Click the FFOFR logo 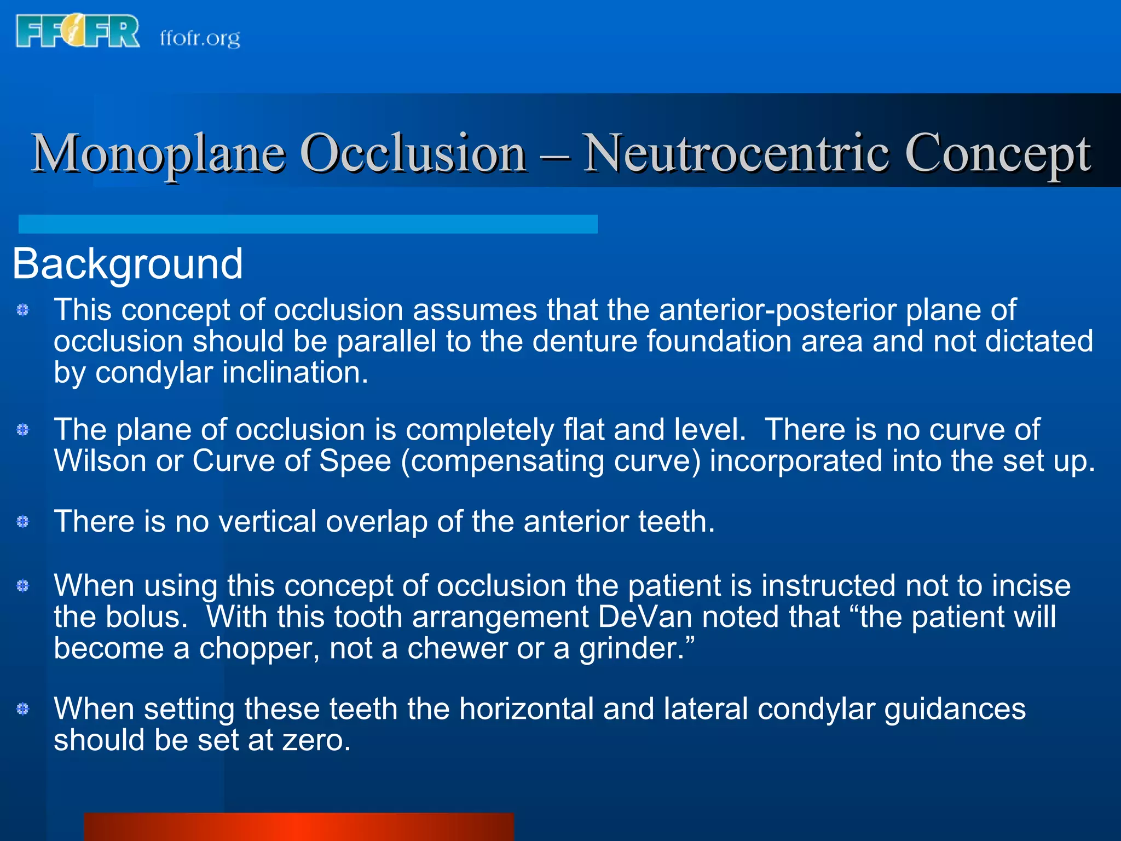[x=78, y=31]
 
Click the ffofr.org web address [x=200, y=38]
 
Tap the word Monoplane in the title [x=158, y=154]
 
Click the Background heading [x=127, y=264]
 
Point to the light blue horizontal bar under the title [x=308, y=224]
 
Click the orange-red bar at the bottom [x=298, y=826]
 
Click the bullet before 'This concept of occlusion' [x=22, y=310]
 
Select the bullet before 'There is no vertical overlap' [x=22, y=521]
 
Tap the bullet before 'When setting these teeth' [x=22, y=709]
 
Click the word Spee [x=355, y=460]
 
